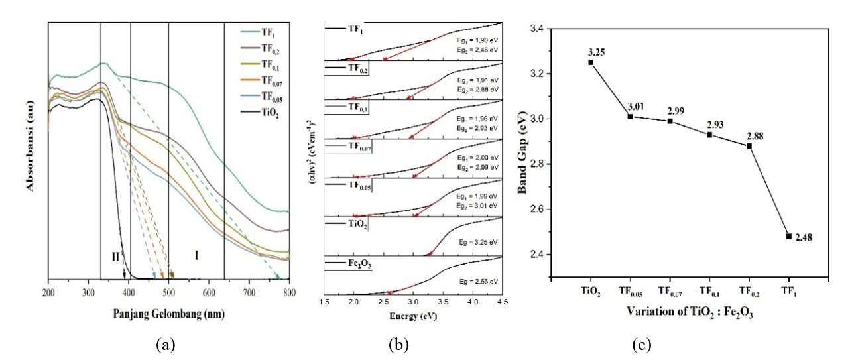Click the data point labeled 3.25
(x=591, y=62)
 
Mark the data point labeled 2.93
(x=709, y=135)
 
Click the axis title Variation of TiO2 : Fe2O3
(x=689, y=313)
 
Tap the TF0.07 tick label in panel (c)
(x=670, y=291)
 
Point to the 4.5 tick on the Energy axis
(x=502, y=302)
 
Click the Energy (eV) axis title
(x=414, y=316)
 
